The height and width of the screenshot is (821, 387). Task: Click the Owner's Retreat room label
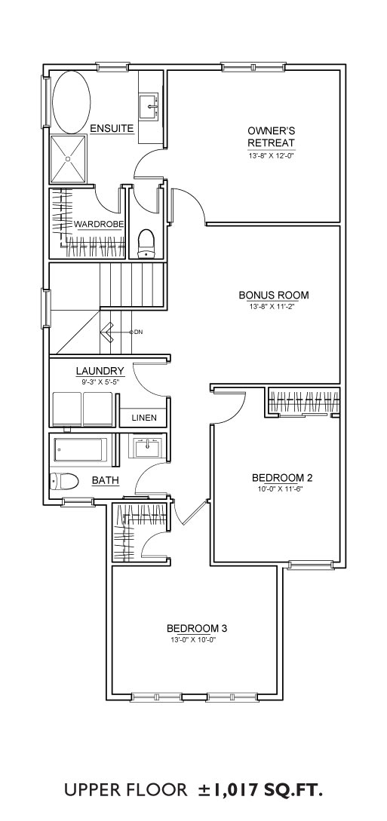click(x=271, y=136)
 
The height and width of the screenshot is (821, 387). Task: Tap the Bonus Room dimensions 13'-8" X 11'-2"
click(x=273, y=307)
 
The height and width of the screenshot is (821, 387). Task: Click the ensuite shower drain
click(x=68, y=158)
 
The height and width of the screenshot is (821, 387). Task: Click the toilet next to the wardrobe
click(x=146, y=245)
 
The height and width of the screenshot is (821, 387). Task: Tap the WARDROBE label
click(x=99, y=225)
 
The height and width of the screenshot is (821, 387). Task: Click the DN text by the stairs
click(x=139, y=332)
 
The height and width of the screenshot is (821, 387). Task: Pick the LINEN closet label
click(x=143, y=418)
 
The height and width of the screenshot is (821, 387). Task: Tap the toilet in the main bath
click(x=64, y=480)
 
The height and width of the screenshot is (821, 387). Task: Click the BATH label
click(x=106, y=479)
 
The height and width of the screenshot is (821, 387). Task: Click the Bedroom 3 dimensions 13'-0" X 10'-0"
click(x=193, y=640)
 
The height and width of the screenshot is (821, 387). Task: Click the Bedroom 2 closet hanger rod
click(x=304, y=401)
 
